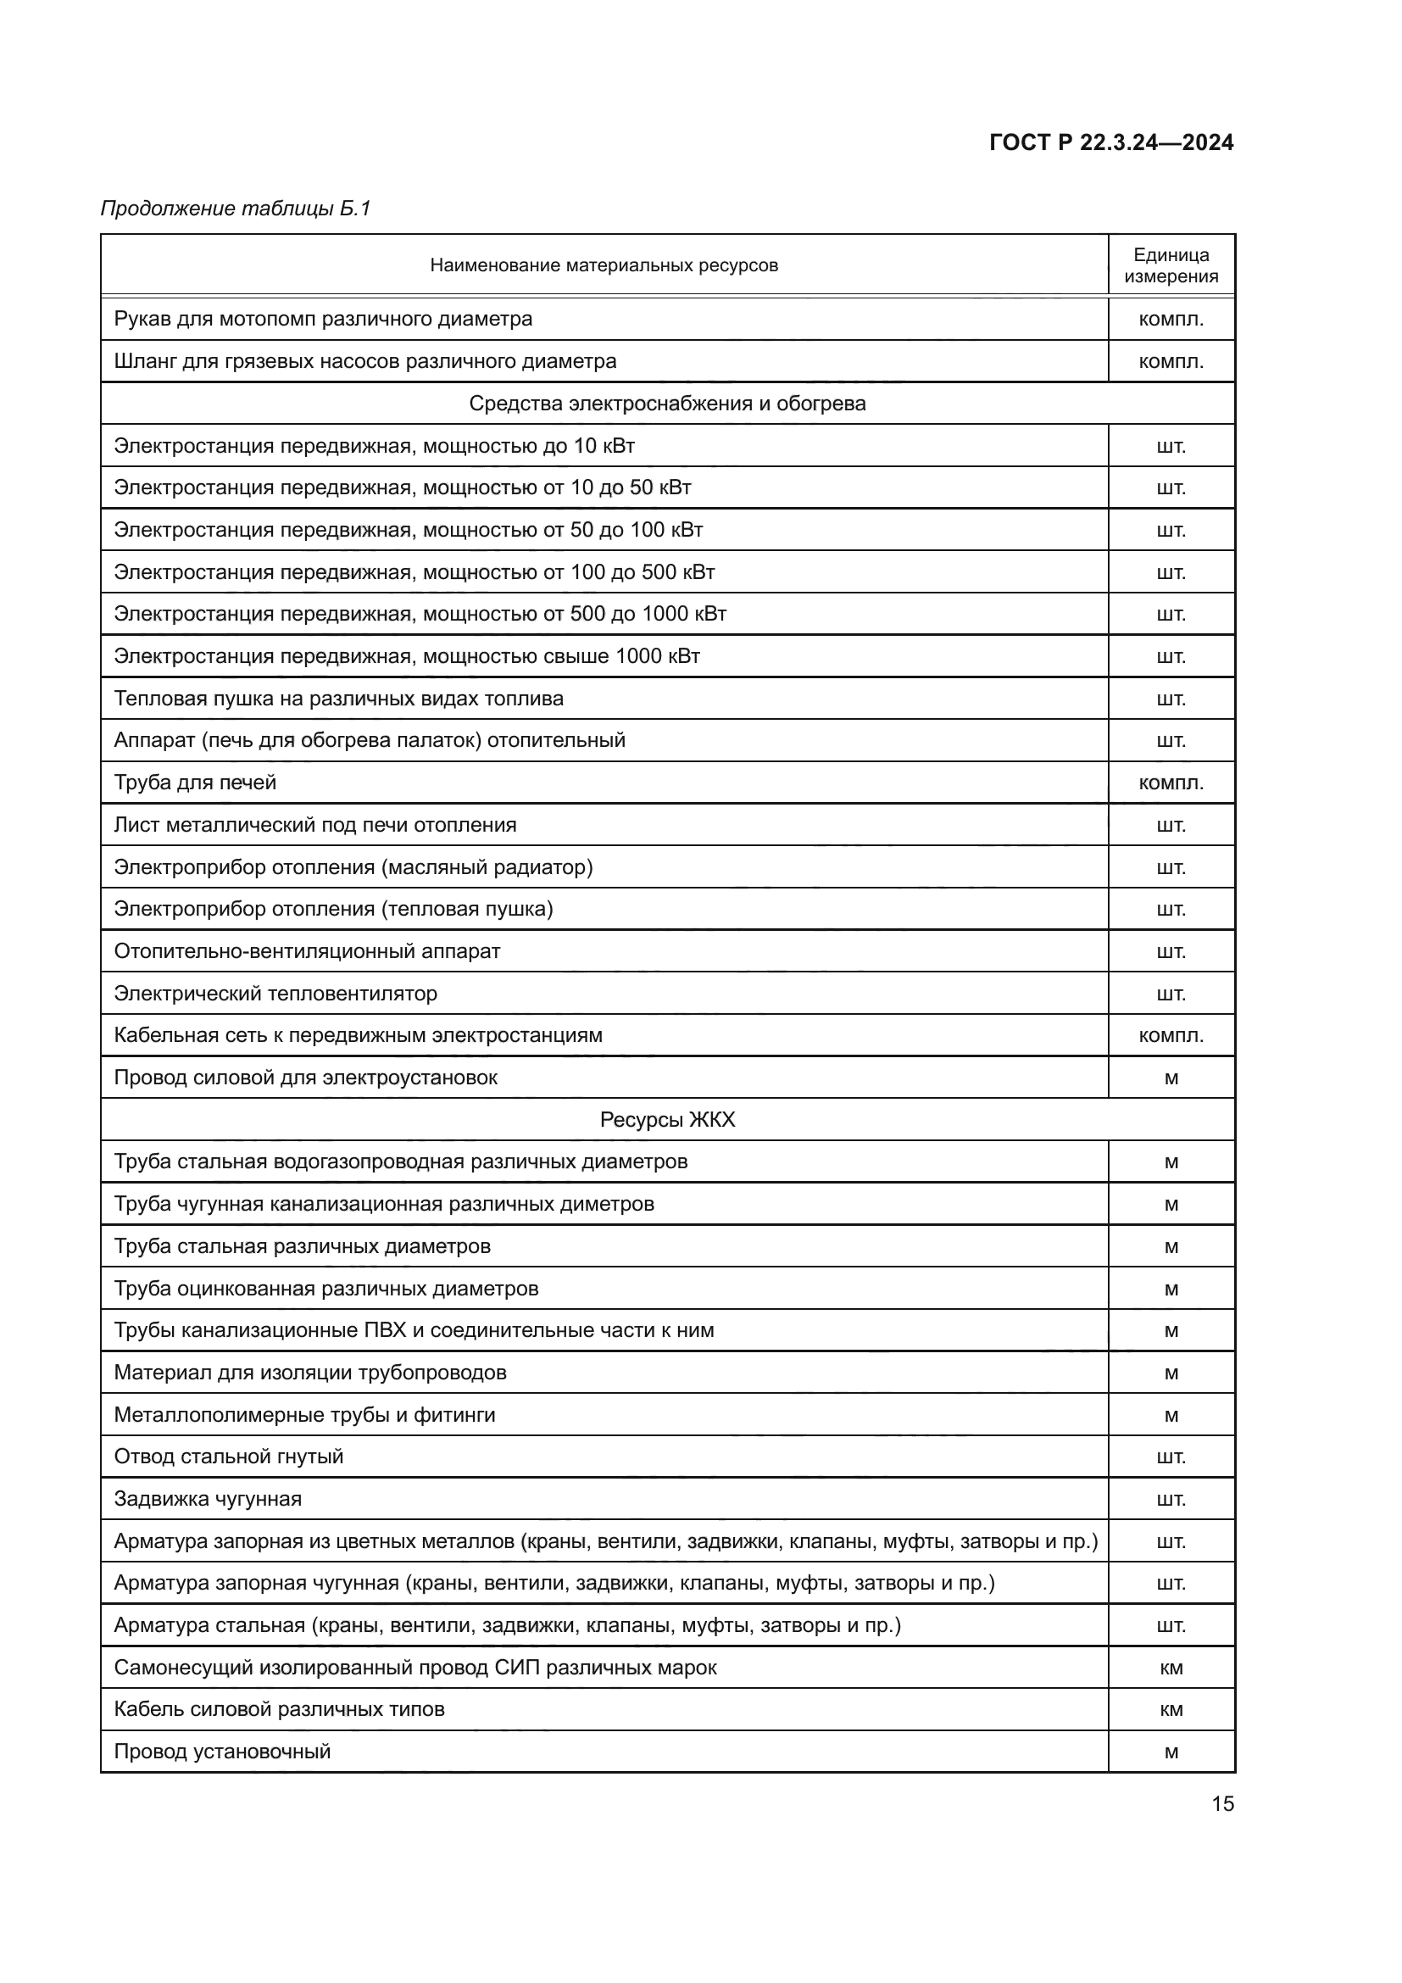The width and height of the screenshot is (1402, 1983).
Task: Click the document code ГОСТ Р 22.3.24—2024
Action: pyautogui.click(x=1110, y=142)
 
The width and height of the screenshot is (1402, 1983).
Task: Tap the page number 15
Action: pyautogui.click(x=1222, y=1803)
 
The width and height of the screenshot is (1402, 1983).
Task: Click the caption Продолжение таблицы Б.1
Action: pyautogui.click(x=235, y=209)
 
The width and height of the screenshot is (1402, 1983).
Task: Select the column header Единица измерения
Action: pyautogui.click(x=1171, y=265)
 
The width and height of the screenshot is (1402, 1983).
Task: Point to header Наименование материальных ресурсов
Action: pyautogui.click(x=604, y=265)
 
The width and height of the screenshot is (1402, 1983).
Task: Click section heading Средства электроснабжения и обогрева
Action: pyautogui.click(x=666, y=404)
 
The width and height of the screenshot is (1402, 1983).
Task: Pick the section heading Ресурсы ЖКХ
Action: pyautogui.click(x=666, y=1119)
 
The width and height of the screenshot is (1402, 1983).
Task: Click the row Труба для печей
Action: pyautogui.click(x=195, y=783)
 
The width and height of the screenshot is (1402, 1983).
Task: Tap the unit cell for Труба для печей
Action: pyautogui.click(x=1171, y=783)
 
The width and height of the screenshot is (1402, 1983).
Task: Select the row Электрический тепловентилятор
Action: pyautogui.click(x=275, y=994)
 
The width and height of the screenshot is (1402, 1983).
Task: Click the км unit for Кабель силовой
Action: pyautogui.click(x=1171, y=1709)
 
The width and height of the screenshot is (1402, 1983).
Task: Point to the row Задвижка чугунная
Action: pyautogui.click(x=208, y=1498)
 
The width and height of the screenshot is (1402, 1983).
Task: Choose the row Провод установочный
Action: pyautogui.click(x=222, y=1752)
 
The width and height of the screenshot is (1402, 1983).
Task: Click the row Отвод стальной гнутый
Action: pyautogui.click(x=229, y=1457)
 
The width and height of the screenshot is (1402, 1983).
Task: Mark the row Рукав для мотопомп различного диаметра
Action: pyautogui.click(x=323, y=319)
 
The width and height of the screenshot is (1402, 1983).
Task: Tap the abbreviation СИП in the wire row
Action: pyautogui.click(x=517, y=1667)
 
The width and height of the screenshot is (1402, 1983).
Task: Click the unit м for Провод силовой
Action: pyautogui.click(x=1171, y=1078)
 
